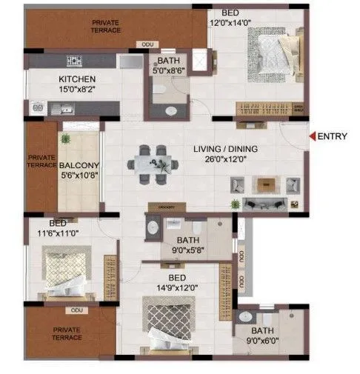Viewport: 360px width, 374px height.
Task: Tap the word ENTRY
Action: pos(333,136)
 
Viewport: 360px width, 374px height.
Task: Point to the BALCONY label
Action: pos(76,166)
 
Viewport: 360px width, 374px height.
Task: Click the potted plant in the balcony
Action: pos(65,138)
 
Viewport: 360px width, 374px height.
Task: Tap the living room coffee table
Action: pos(267,182)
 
